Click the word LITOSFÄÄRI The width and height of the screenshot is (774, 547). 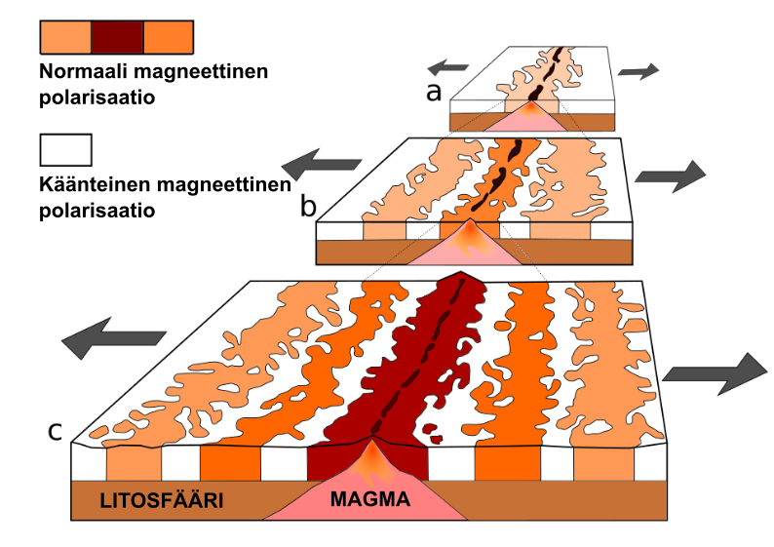pos(163,502)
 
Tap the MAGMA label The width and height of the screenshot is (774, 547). pos(370,501)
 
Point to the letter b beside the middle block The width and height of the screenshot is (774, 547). pos(308,206)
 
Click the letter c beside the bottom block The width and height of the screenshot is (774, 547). pos(58,430)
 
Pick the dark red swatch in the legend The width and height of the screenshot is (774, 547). pos(117,36)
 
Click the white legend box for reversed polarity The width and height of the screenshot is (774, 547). pos(65,149)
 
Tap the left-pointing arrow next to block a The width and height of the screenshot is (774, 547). pos(448,67)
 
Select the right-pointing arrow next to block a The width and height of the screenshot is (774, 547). pos(638,70)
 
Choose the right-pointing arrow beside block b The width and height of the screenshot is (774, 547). pos(669,176)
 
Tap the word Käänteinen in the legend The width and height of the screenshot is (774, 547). pos(90,184)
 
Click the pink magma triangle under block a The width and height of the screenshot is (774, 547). pos(530,121)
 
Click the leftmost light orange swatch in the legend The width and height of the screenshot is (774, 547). pos(65,36)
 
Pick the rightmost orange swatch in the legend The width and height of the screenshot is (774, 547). pos(169,36)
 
